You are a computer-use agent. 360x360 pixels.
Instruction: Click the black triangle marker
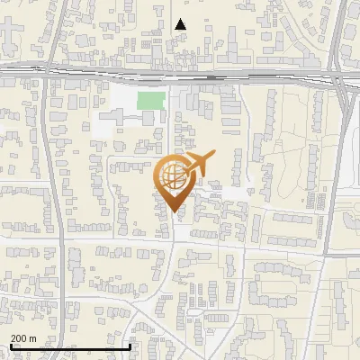(181, 24)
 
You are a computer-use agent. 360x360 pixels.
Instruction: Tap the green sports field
(151, 100)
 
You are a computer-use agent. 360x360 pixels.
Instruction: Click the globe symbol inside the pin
(172, 176)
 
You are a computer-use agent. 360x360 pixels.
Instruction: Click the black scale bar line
(70, 346)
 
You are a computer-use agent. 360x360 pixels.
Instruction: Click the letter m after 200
(32, 338)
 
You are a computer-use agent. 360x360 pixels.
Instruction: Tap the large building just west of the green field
(117, 118)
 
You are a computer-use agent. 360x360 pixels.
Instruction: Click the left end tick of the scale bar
(9, 346)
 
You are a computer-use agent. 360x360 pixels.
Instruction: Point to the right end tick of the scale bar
(131, 346)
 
